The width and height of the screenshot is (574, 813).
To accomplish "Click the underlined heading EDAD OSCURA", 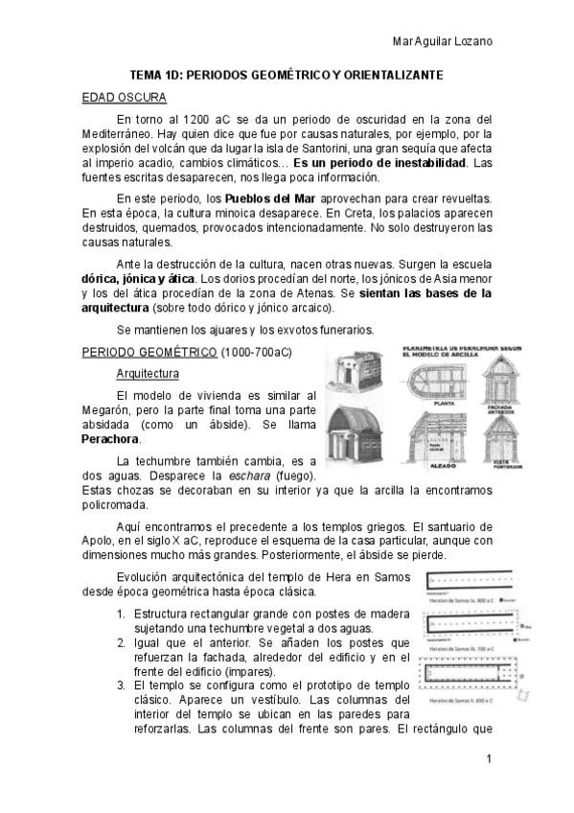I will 125,98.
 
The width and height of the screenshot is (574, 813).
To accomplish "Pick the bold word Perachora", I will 110,438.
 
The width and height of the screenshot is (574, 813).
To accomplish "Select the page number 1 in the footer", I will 489,759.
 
